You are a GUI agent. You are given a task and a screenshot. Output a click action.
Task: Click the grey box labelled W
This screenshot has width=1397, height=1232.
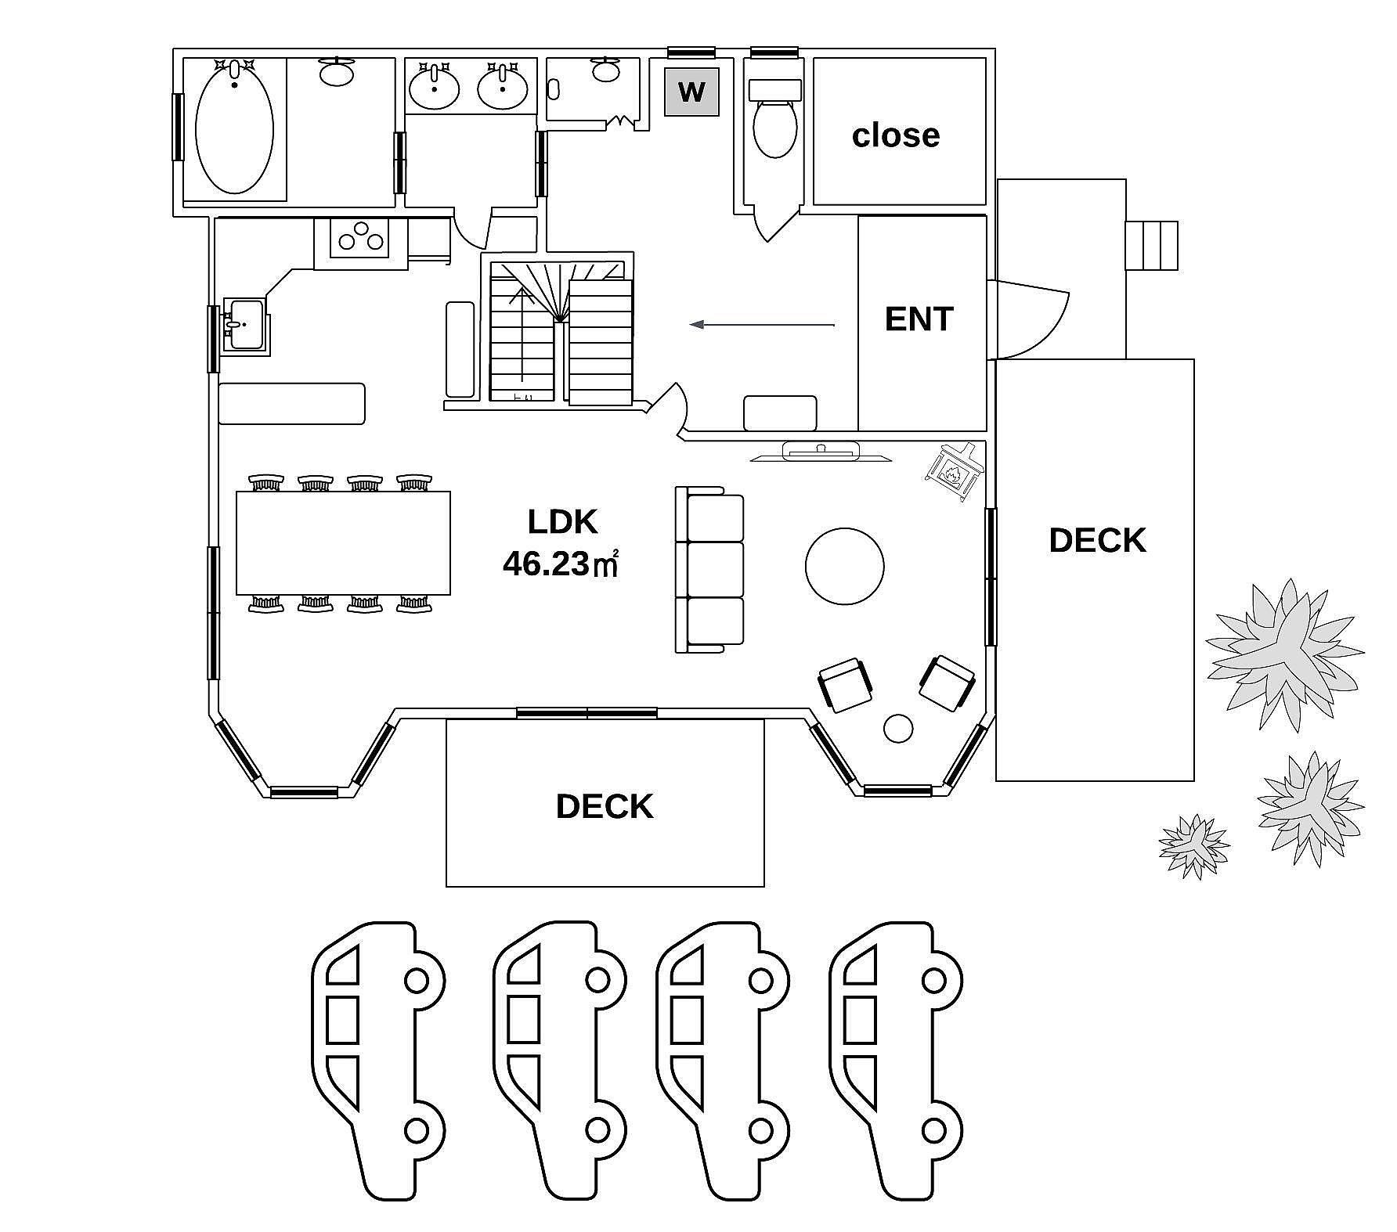[x=691, y=92]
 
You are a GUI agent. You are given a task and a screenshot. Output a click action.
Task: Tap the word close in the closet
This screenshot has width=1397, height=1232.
[x=896, y=135]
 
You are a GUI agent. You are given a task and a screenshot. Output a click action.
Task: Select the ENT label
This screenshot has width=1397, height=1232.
[x=919, y=319]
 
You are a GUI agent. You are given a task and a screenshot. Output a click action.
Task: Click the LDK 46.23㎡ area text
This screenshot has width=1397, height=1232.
[x=561, y=542]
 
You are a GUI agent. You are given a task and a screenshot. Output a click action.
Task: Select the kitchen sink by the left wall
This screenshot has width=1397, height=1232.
[x=245, y=323]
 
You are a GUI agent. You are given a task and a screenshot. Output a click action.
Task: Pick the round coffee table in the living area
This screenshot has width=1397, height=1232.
[x=845, y=567]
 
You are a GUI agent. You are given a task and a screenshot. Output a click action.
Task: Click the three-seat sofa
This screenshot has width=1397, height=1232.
[x=709, y=569]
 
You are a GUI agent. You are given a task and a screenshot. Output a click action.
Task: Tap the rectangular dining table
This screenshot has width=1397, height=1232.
[x=344, y=543]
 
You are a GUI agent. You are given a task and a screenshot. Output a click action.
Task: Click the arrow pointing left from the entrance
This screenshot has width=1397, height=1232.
[x=762, y=324]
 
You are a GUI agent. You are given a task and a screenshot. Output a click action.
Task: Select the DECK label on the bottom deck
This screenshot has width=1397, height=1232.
[x=605, y=806]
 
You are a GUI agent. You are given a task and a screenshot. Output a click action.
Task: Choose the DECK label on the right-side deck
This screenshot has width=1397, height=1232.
[x=1097, y=541]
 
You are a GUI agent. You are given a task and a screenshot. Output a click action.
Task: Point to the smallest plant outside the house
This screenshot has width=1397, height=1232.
[x=1194, y=846]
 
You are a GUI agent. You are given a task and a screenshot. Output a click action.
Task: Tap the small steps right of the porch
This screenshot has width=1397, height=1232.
[x=1152, y=245]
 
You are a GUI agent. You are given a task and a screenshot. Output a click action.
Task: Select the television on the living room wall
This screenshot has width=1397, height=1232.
[x=821, y=452]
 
